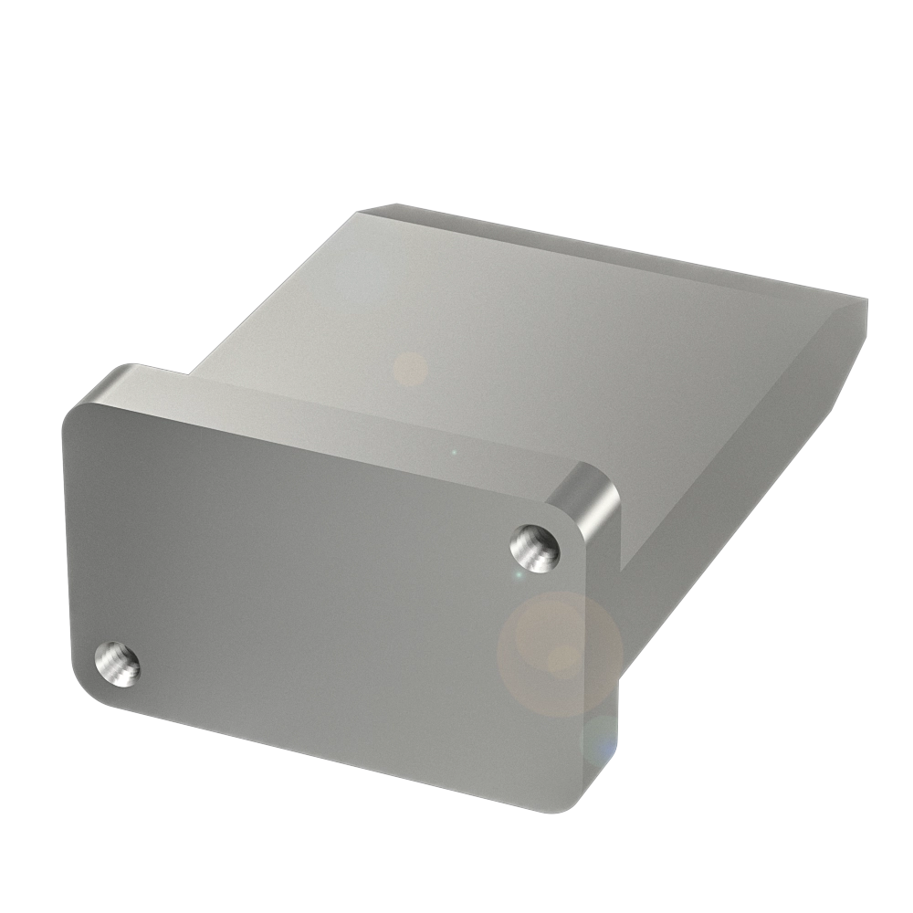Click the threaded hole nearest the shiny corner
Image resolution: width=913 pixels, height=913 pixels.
[x=536, y=547]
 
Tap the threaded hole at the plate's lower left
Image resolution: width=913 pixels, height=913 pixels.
[x=118, y=664]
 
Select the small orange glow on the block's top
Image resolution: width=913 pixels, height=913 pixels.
[x=410, y=369]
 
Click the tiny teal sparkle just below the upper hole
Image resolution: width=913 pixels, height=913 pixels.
[x=518, y=575]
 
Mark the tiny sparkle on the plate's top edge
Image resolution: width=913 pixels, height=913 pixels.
[x=454, y=451]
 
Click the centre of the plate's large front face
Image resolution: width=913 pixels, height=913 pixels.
[x=320, y=593]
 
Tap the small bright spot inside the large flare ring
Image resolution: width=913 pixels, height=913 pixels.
[x=559, y=657]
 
